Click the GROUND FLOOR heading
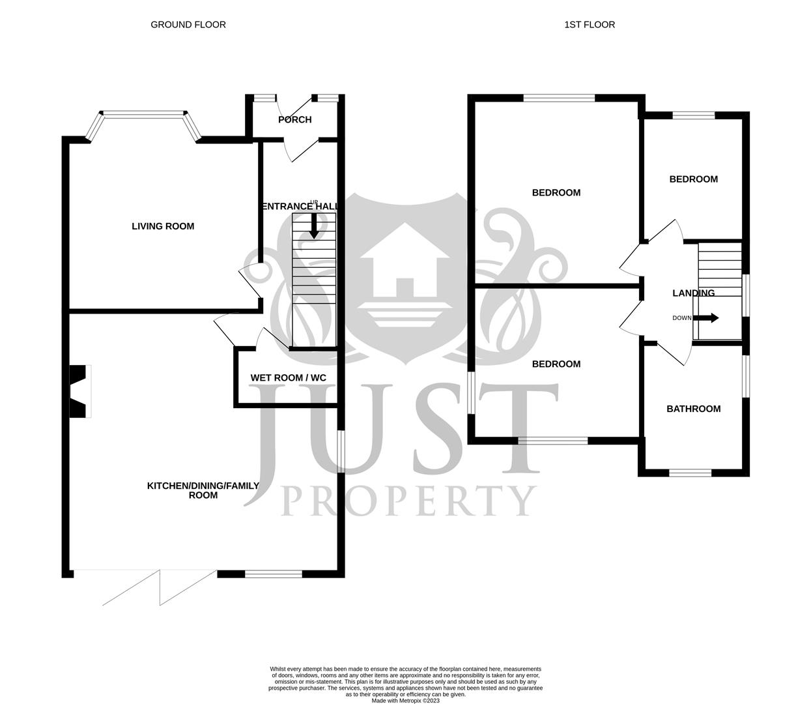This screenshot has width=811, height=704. tap(188, 25)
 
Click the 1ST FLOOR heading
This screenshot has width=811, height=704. tap(590, 25)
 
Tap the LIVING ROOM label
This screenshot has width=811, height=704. tap(163, 226)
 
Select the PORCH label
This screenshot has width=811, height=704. tap(295, 119)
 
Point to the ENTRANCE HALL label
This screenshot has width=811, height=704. tap(300, 207)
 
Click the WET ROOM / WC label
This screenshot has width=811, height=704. tap(289, 378)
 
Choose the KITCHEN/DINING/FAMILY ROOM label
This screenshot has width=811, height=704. tap(203, 490)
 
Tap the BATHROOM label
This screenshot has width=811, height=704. tap(693, 409)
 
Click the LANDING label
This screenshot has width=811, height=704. tap(693, 293)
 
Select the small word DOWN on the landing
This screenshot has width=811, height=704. tap(681, 318)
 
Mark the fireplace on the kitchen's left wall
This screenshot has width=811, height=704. tap(79, 391)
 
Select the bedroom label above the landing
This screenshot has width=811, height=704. tap(693, 179)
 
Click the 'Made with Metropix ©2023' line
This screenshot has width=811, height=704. tap(405, 701)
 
